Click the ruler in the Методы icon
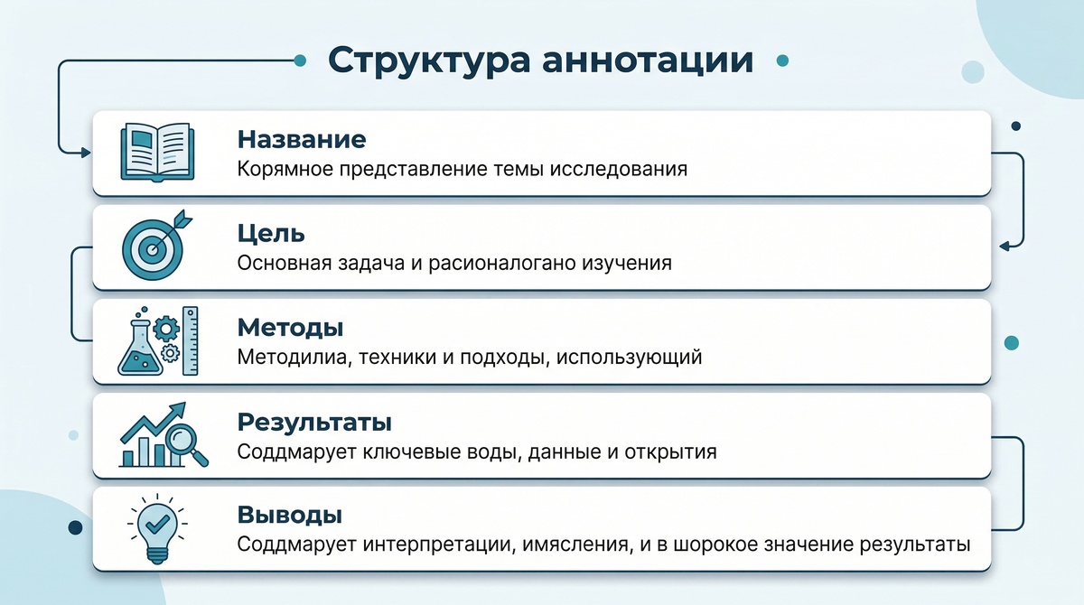pos(191,340)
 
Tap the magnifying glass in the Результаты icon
pos(187,443)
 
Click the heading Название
pos(301,139)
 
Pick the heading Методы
pos(290,327)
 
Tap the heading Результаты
pos(314,422)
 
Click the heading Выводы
pos(289,516)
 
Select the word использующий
pos(629,357)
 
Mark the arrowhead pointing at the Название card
pos(86,153)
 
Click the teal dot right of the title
pos(782,60)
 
